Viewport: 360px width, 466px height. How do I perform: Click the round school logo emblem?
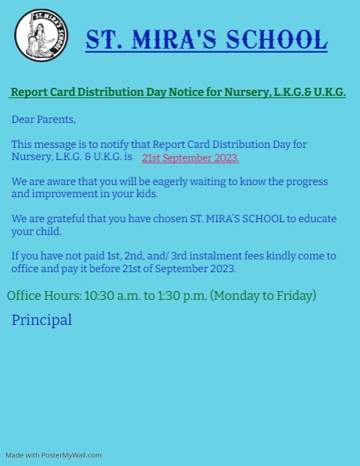coord(41,36)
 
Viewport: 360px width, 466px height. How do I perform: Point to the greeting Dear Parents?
coord(43,120)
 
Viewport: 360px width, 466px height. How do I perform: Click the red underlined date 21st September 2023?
coord(190,158)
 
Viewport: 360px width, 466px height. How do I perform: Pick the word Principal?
coord(41,319)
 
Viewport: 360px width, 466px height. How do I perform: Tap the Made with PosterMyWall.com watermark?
coord(53,455)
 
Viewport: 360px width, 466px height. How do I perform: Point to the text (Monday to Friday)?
coord(263,296)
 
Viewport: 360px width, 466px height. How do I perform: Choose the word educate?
coord(315,219)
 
